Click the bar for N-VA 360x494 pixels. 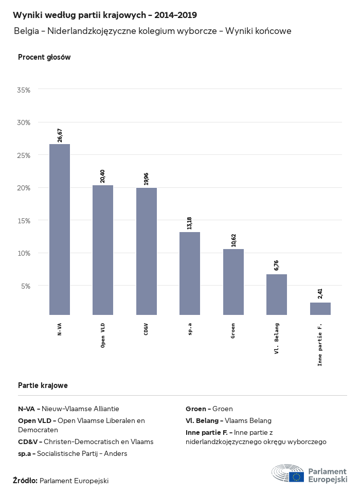tap(60, 230)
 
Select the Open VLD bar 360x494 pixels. tap(103, 250)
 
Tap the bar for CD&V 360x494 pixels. tap(147, 251)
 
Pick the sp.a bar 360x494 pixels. tap(190, 273)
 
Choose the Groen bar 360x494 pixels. tap(233, 282)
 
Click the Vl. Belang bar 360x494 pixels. tap(277, 294)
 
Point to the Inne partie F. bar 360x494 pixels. tap(320, 309)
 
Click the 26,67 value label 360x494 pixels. tap(60, 135)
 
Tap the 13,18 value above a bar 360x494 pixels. tap(190, 223)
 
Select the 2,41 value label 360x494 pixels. tap(320, 294)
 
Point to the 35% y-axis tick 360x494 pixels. tap(24, 90)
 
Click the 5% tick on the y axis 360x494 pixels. tap(26, 286)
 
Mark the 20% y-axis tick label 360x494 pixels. tap(24, 188)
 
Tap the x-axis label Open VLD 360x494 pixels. tap(103, 336)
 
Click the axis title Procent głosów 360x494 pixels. tap(44, 57)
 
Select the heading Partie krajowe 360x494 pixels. tap(43, 385)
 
